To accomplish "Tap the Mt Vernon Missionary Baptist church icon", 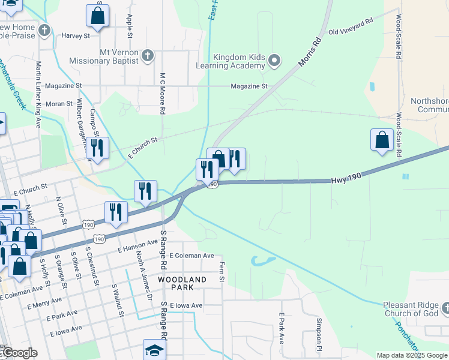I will point(148,56).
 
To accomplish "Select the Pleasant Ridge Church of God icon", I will point(445,308).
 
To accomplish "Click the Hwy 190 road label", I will point(347,180).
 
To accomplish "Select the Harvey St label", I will point(75,35).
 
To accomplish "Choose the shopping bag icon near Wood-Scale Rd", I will point(382,141).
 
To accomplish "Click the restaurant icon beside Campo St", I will point(97,148).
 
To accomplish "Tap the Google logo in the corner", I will point(19,353).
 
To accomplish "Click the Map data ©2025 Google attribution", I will point(412,355).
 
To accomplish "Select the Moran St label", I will point(59,104).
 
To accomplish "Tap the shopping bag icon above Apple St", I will point(97,16).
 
